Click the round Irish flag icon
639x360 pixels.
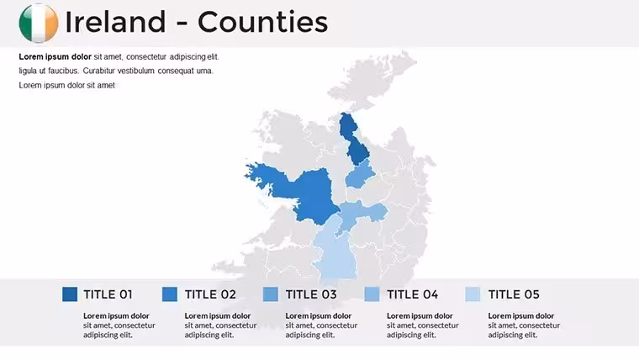[x=39, y=24]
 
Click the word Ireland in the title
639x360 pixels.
[x=115, y=22]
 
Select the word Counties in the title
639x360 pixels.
[x=263, y=22]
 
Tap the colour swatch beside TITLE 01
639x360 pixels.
[x=70, y=294]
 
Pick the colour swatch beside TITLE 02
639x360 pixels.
[x=170, y=294]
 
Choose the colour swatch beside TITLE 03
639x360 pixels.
[x=271, y=294]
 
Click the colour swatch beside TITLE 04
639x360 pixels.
[x=372, y=294]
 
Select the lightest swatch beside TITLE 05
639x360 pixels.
[x=473, y=294]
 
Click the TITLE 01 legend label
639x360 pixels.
[x=108, y=294]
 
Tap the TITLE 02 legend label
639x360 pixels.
[x=210, y=294]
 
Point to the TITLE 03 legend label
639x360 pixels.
[x=311, y=294]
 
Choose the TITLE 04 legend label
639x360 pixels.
[x=413, y=294]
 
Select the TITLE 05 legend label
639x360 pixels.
[x=514, y=294]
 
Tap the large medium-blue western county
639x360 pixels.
[x=309, y=192]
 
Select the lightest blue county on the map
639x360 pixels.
[x=336, y=253]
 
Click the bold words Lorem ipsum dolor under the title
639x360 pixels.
[x=55, y=56]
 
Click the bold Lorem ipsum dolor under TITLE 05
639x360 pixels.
[x=520, y=316]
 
